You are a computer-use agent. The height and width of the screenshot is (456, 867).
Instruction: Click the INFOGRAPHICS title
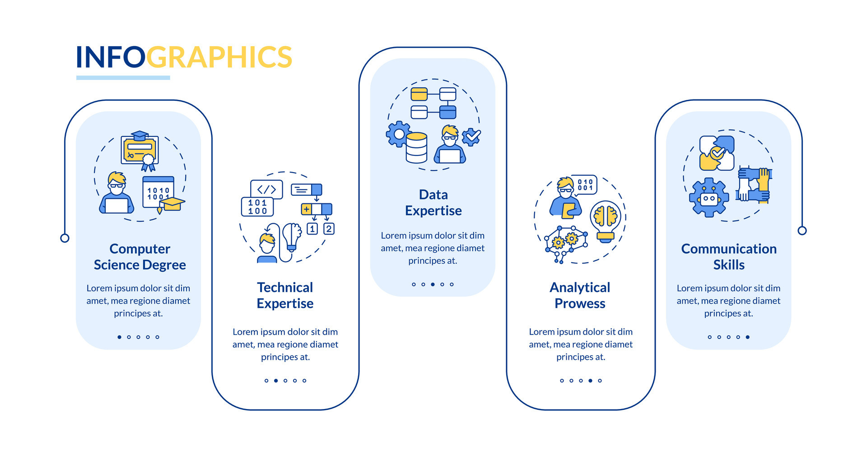click(x=184, y=57)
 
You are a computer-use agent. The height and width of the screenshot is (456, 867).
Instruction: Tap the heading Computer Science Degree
click(x=140, y=257)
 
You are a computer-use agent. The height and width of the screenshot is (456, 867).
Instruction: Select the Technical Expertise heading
click(x=285, y=296)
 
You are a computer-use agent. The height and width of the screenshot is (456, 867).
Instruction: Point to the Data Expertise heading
click(x=433, y=202)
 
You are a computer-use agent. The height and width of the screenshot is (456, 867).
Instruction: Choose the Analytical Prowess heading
click(x=580, y=296)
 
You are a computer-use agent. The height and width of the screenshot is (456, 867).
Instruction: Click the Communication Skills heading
click(x=728, y=257)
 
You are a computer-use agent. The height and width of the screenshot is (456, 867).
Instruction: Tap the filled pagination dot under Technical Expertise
click(x=276, y=381)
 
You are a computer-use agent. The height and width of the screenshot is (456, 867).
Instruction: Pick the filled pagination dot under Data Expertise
click(x=433, y=284)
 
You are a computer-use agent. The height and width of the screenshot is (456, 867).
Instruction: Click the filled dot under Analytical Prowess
click(x=590, y=381)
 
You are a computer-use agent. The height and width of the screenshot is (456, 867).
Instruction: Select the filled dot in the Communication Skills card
click(x=748, y=337)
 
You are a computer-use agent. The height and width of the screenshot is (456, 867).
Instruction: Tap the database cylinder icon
click(x=416, y=147)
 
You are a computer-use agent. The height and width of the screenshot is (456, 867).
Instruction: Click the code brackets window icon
click(x=266, y=189)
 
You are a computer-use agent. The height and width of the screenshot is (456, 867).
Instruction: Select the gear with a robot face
click(x=709, y=197)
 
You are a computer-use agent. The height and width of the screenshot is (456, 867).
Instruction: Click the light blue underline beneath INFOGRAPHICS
click(x=123, y=78)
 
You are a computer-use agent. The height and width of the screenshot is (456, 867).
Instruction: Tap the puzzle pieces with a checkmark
click(x=717, y=153)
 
